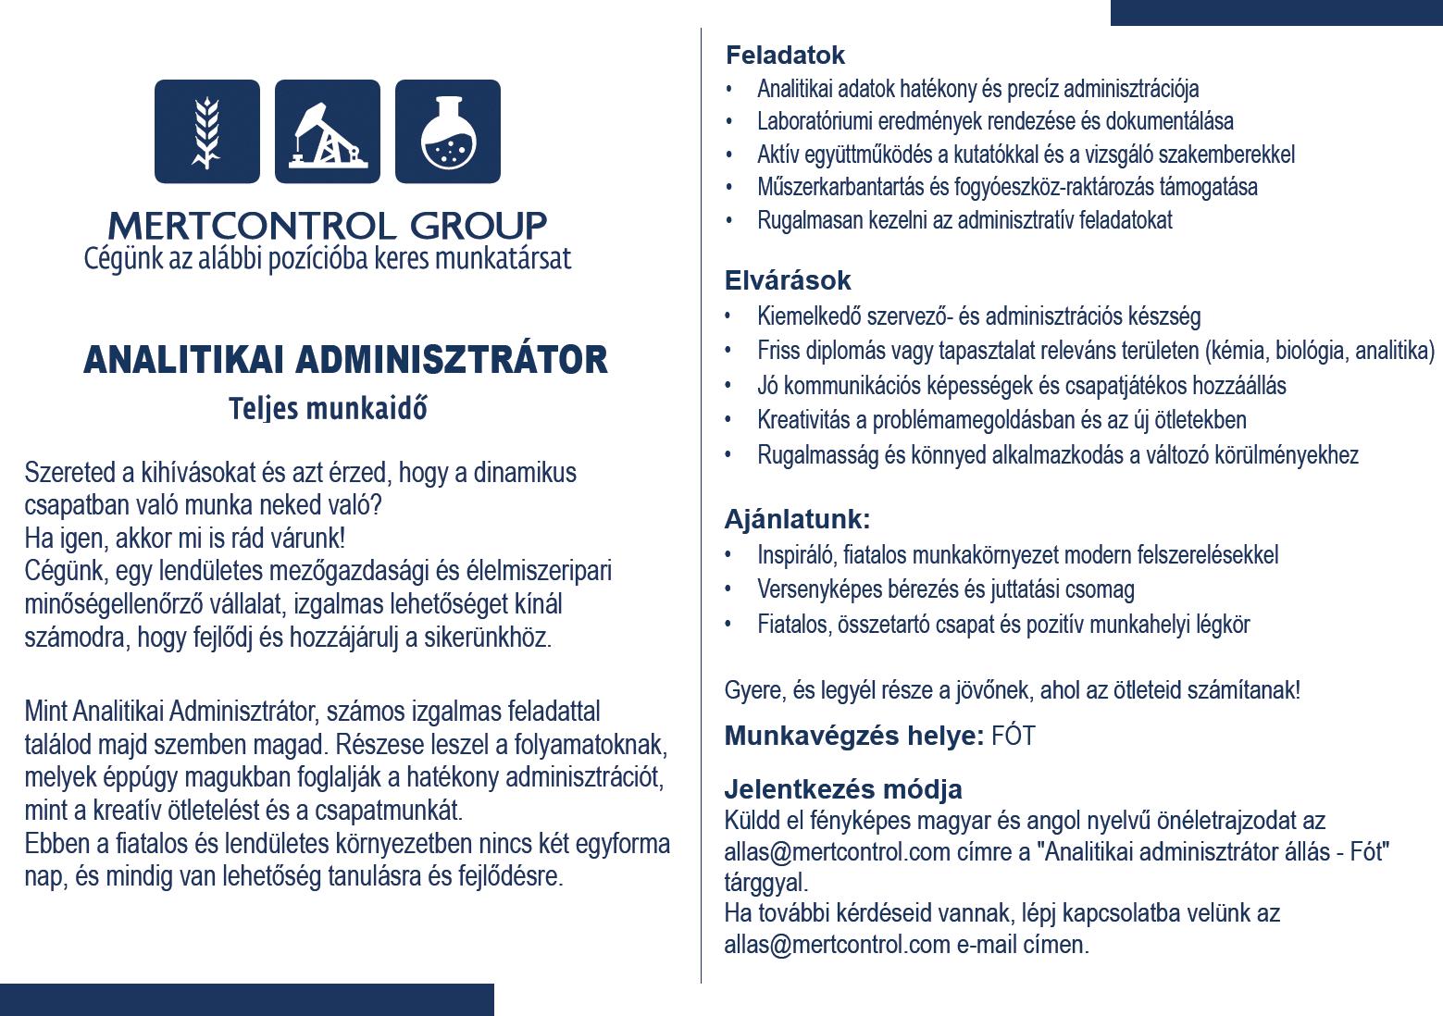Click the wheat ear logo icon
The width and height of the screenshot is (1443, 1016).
click(x=206, y=131)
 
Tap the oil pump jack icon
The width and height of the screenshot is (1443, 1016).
click(x=327, y=131)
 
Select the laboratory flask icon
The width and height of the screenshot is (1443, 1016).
click(x=447, y=131)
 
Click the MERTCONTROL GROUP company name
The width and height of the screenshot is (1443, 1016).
click(x=327, y=225)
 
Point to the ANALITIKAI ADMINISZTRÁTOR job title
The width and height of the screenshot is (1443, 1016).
click(x=345, y=360)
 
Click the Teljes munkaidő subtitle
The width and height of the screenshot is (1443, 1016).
click(x=328, y=408)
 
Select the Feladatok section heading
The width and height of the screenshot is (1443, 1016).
click(x=785, y=56)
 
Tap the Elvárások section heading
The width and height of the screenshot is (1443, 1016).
click(x=788, y=280)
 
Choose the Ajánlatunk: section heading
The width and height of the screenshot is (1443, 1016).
click(x=797, y=519)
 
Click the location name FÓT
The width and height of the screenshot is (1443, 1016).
click(x=1013, y=737)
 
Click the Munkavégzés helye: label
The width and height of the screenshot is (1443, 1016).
click(x=853, y=737)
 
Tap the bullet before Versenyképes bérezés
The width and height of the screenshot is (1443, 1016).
click(x=729, y=589)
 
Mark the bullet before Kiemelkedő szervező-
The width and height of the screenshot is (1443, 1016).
click(x=729, y=316)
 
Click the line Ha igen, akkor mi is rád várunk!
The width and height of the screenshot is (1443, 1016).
click(x=184, y=538)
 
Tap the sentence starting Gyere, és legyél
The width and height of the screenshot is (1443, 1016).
click(x=1012, y=690)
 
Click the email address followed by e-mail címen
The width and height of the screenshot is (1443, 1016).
click(x=837, y=945)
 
